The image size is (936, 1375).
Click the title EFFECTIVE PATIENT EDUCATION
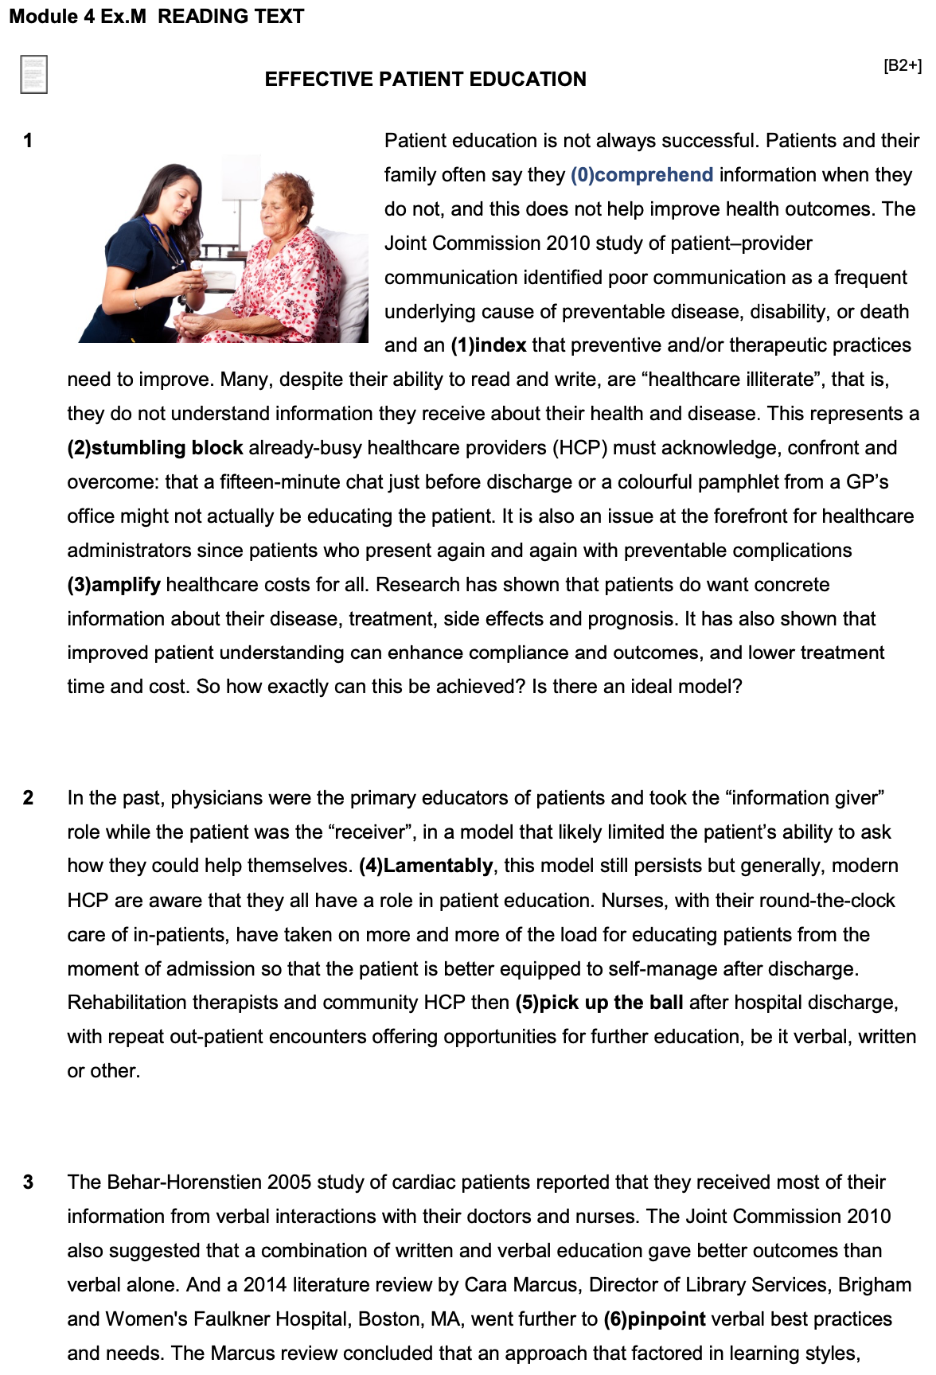[425, 79]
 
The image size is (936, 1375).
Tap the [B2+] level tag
[902, 65]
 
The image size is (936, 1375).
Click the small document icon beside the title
[33, 74]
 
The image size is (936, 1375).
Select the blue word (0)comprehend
[642, 175]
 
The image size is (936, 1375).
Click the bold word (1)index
[488, 345]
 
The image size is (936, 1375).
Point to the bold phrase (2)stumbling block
[155, 448]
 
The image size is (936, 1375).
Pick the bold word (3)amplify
[114, 585]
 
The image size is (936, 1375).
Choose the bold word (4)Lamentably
[426, 866]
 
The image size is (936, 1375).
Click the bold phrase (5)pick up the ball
[599, 1003]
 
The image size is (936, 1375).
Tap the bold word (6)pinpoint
[654, 1319]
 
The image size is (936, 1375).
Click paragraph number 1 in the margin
[28, 141]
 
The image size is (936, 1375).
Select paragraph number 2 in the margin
[28, 798]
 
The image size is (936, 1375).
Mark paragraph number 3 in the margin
[28, 1182]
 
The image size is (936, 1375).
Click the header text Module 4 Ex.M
[77, 16]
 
